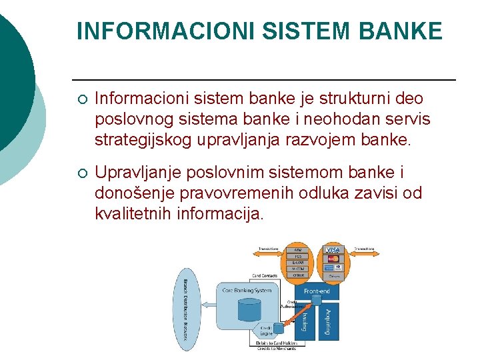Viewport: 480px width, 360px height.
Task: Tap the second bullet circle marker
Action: coord(81,173)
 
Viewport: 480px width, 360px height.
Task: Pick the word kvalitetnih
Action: coord(134,214)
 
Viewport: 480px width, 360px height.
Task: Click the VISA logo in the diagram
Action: coord(333,250)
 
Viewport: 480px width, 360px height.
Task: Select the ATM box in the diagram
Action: coord(299,249)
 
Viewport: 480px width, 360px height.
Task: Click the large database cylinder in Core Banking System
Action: coord(249,310)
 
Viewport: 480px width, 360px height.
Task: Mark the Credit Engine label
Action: coord(266,331)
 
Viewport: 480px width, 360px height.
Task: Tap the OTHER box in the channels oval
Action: coord(299,274)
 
